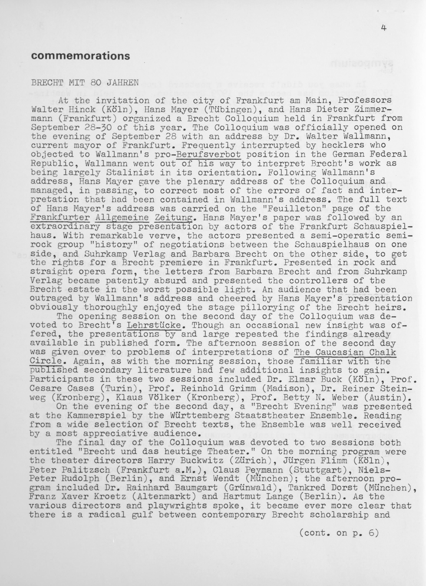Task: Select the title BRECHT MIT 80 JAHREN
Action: pos(85,83)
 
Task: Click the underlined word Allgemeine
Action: pos(122,217)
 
